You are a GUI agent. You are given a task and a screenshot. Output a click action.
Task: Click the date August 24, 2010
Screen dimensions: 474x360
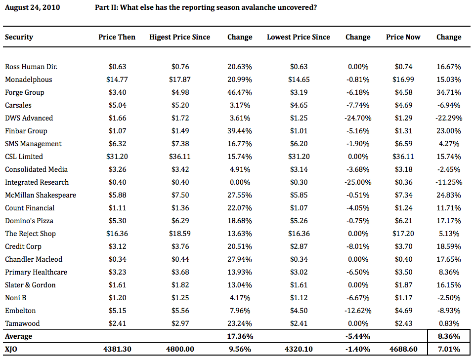click(32, 7)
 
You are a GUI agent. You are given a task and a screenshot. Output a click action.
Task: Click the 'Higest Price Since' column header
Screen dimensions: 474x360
click(179, 37)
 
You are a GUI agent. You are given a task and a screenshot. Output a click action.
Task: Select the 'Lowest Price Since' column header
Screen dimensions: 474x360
click(299, 37)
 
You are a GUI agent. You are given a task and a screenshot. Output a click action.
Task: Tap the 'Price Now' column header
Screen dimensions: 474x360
click(403, 37)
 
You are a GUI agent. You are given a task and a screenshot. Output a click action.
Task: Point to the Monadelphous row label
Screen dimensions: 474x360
click(28, 80)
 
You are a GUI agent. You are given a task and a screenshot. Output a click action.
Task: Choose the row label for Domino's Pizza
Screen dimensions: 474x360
click(29, 221)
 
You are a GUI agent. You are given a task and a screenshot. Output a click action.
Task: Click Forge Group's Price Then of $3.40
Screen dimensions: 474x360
click(117, 92)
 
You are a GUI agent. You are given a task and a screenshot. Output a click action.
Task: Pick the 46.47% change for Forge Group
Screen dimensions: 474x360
click(239, 92)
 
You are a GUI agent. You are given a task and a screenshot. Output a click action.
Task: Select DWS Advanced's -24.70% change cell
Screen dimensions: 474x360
click(358, 118)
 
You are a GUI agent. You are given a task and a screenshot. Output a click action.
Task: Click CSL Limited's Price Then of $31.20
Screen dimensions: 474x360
click(117, 157)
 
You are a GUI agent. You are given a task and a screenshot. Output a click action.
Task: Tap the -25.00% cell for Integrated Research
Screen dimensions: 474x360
click(358, 182)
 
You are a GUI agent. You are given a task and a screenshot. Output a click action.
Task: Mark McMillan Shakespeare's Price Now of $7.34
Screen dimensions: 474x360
click(403, 195)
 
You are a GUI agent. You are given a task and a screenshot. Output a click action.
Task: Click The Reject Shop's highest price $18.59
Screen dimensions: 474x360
click(180, 234)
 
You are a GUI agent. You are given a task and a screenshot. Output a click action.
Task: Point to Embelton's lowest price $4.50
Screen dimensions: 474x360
click(299, 311)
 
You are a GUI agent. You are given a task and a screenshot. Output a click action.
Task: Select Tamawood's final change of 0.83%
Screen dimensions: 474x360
click(449, 323)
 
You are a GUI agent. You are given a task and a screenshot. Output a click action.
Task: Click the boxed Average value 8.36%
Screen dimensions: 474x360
click(449, 336)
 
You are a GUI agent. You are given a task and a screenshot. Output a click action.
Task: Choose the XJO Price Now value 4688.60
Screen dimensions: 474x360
click(403, 350)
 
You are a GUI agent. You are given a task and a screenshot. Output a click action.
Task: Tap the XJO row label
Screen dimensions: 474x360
click(11, 350)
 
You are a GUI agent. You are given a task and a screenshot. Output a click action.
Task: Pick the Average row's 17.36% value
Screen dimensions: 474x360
click(240, 336)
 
